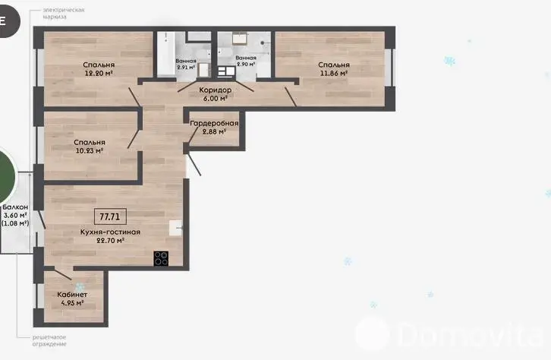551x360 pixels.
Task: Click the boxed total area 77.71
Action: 110,216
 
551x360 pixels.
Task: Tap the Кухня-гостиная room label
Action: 110,232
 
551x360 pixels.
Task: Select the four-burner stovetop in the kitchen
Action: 161,258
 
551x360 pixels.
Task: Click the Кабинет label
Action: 72,295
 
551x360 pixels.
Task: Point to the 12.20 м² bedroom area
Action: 99,73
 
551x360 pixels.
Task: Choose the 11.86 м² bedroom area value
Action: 334,73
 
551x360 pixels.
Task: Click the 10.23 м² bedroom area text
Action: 90,150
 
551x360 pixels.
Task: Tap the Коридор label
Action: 215,90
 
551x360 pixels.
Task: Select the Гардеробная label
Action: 214,123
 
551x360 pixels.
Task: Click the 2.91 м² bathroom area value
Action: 186,67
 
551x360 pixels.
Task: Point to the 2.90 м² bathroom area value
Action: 246,65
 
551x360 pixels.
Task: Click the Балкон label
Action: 15,207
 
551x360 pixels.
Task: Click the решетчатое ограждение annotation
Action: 49,341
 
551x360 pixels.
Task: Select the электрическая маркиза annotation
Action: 64,14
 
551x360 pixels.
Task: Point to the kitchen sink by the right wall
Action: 176,228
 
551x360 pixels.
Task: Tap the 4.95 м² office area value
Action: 72,303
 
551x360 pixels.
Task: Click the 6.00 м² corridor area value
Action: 215,99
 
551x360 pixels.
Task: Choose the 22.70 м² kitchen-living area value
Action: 110,241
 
